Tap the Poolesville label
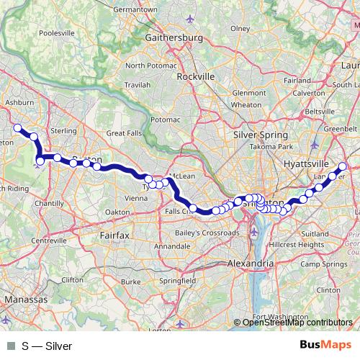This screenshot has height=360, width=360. click(41, 32)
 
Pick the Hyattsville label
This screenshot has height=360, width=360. click(306, 163)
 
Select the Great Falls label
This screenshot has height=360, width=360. click(126, 133)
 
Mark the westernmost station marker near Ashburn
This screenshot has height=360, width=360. click(18, 128)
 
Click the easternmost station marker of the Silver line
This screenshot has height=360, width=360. click(342, 167)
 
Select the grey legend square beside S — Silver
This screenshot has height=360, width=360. click(9, 346)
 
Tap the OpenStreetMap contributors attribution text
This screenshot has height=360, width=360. click(297, 323)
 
